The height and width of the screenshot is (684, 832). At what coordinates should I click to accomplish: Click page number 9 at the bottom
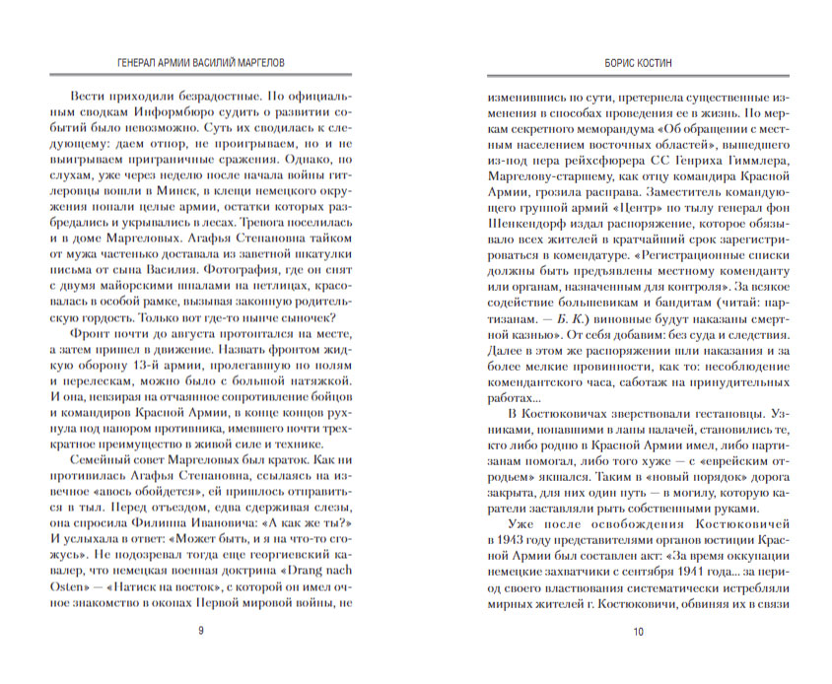tap(202, 632)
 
